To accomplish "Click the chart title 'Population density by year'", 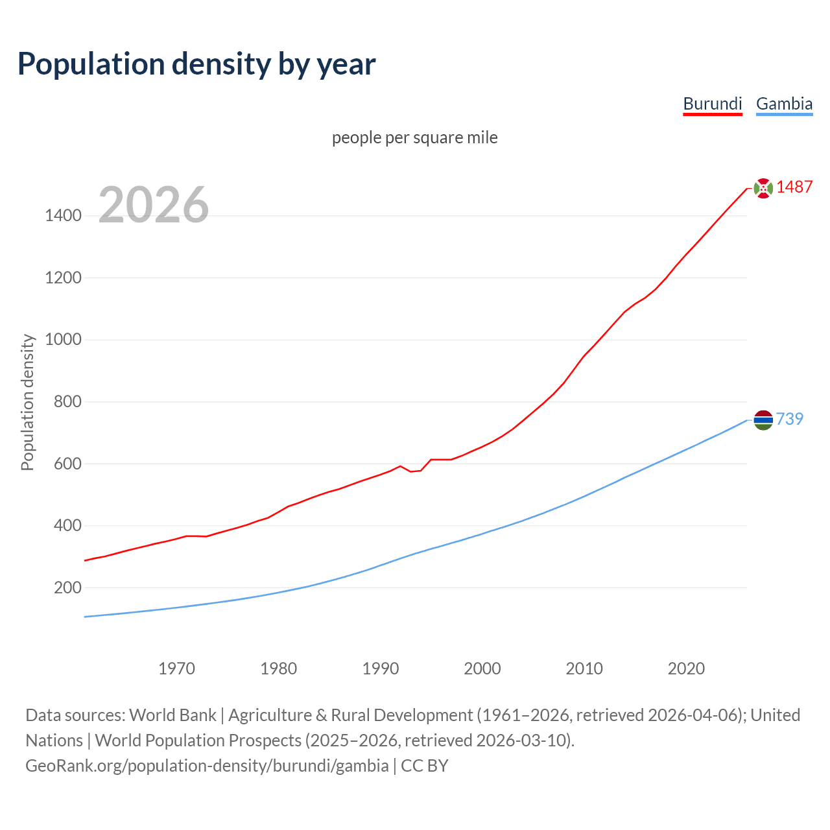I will click(196, 64).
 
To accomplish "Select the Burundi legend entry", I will click(713, 104).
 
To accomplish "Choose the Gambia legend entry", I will click(784, 104).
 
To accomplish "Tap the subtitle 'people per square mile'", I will click(414, 137).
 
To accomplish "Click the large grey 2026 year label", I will click(154, 205).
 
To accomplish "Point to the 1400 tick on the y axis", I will click(63, 216).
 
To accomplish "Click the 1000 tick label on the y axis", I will click(63, 340).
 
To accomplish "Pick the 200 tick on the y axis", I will click(67, 588).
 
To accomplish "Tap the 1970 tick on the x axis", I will click(176, 669).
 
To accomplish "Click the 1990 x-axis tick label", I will click(381, 669).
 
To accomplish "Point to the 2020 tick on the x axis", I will click(686, 669).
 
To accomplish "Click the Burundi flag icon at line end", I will click(763, 188).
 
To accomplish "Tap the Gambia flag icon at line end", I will click(763, 420).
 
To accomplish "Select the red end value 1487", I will click(794, 187).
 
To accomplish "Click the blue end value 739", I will click(790, 420).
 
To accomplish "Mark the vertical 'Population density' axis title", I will click(27, 402).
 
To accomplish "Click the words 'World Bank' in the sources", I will click(172, 715).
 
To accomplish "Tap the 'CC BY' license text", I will click(425, 766).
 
